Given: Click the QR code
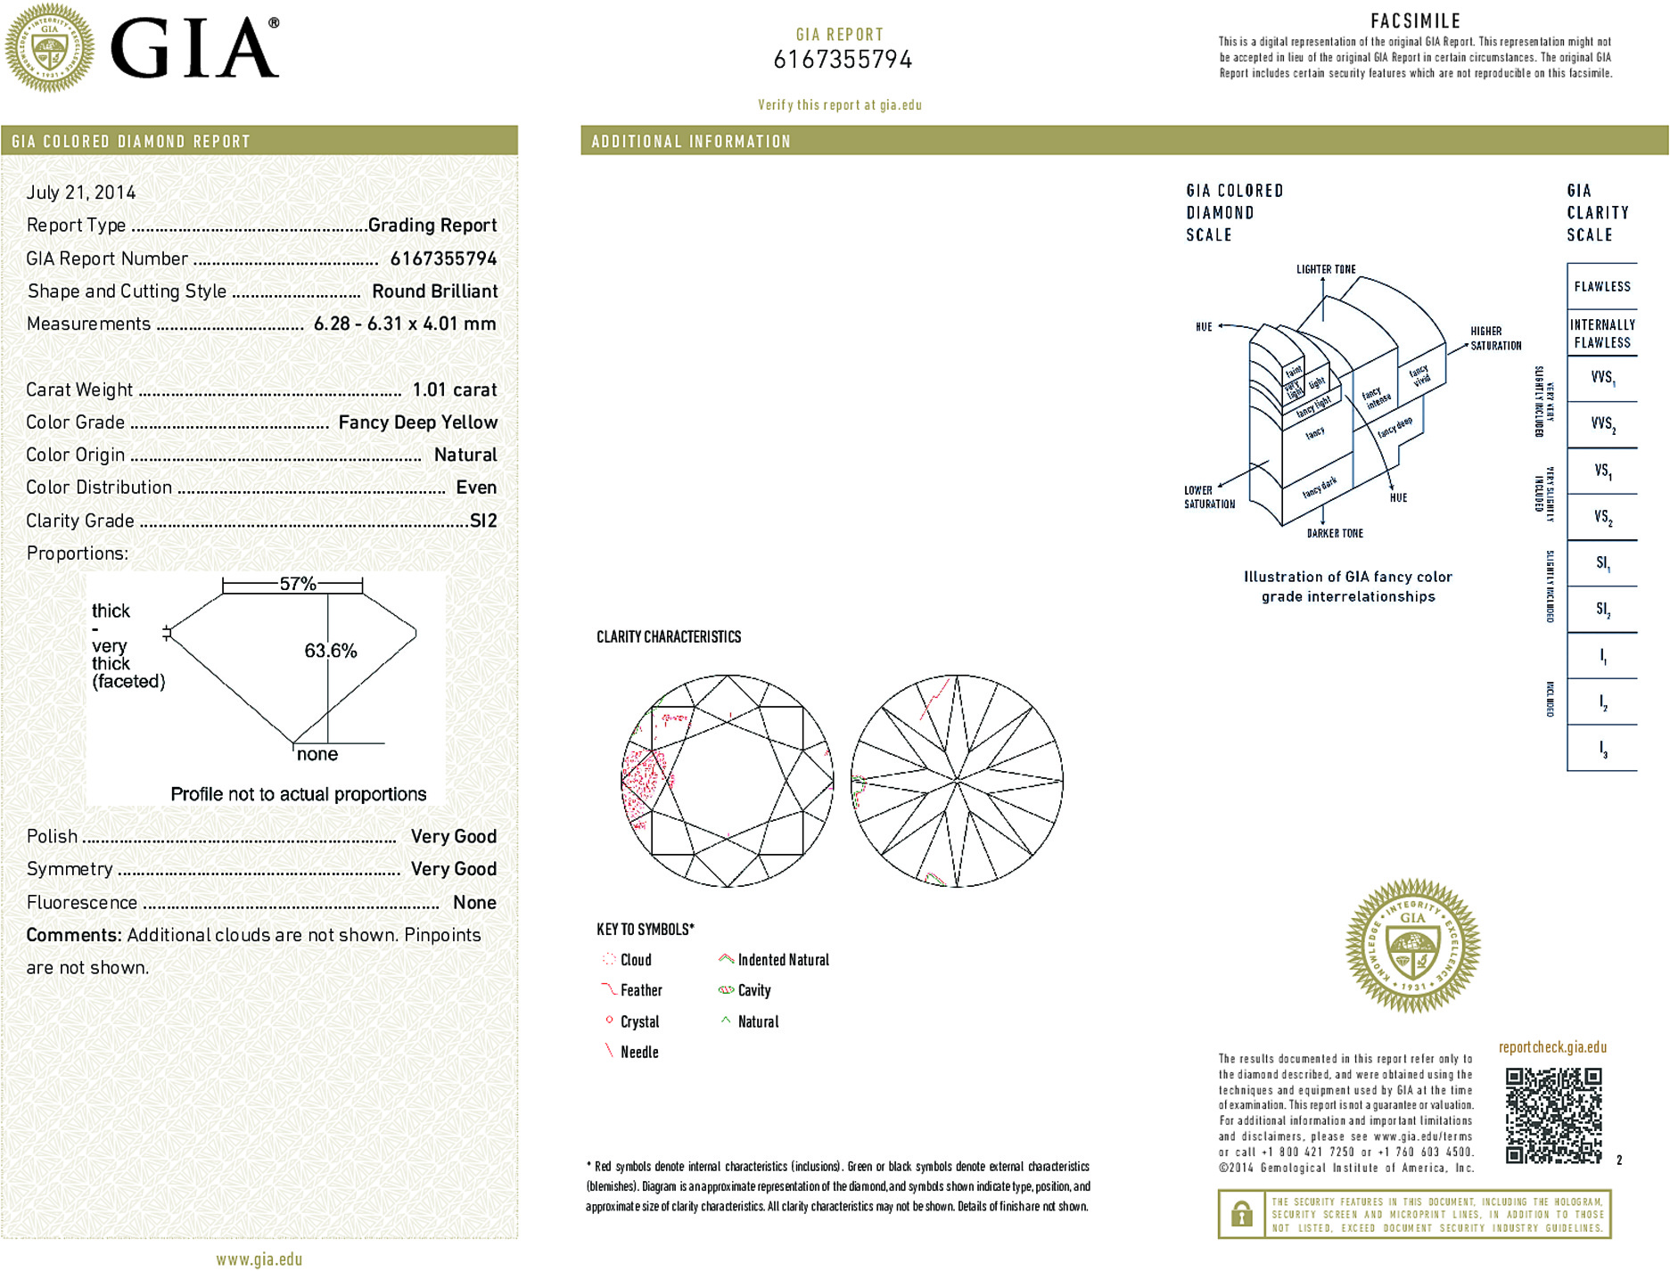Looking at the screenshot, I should [x=1553, y=1115].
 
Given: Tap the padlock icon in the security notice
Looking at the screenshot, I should [x=1241, y=1214].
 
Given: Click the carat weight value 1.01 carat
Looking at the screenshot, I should [x=454, y=389].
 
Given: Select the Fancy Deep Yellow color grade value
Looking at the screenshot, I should [x=417, y=422].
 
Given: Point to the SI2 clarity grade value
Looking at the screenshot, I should [x=483, y=521].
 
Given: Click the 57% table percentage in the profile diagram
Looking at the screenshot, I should [x=298, y=584].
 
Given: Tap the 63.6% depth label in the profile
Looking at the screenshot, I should [x=330, y=651].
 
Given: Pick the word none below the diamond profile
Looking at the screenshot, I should [x=317, y=754].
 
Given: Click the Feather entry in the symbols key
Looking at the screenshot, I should [x=641, y=990].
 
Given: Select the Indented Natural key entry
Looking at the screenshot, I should [x=783, y=960].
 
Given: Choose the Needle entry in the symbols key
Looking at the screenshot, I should [x=639, y=1052].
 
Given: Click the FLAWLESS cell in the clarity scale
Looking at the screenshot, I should [x=1601, y=286].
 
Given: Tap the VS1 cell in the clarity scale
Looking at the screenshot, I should [x=1602, y=471].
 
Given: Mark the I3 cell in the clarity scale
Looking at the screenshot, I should [x=1602, y=749].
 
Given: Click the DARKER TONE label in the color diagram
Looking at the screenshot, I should [x=1335, y=533].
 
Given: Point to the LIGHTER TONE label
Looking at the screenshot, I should [x=1326, y=269].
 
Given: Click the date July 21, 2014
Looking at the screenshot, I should [x=81, y=193].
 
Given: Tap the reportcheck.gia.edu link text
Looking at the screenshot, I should [x=1552, y=1047].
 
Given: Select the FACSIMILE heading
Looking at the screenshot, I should [x=1415, y=20].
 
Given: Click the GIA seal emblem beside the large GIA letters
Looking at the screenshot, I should [x=50, y=48].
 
